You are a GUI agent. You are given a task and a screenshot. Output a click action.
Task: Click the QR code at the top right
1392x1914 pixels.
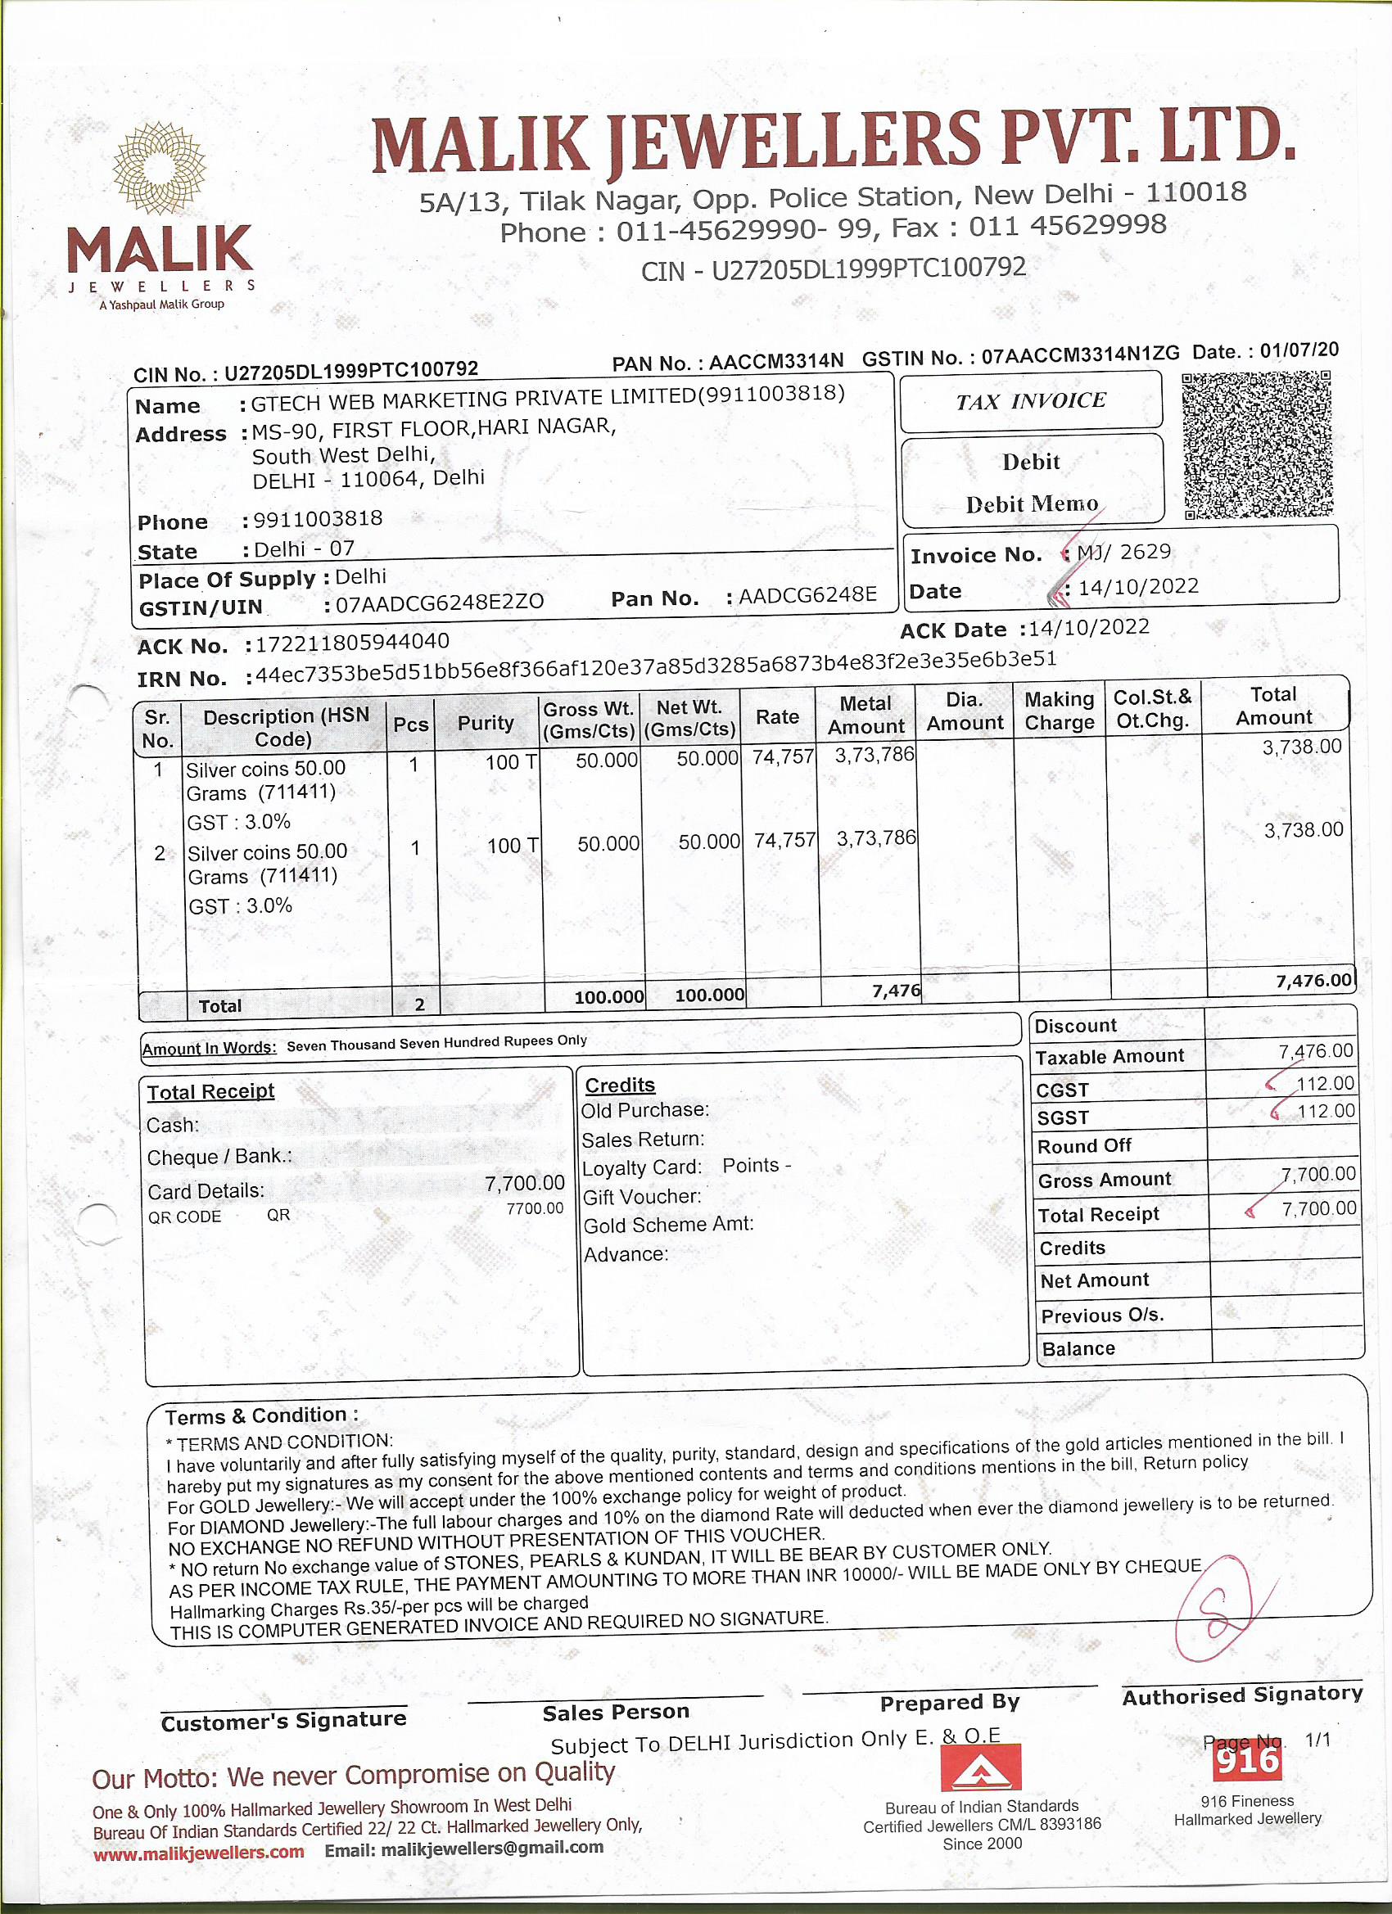click(1257, 445)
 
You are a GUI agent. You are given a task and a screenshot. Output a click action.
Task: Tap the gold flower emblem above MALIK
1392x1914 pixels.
click(160, 168)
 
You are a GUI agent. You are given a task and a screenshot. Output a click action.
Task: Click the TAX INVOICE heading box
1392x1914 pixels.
click(1031, 401)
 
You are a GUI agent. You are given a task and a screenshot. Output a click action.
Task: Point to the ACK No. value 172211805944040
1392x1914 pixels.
click(352, 642)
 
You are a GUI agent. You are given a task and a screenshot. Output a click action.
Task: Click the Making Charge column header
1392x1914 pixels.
click(1059, 711)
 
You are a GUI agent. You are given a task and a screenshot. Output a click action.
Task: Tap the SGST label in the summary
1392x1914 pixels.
click(1062, 1117)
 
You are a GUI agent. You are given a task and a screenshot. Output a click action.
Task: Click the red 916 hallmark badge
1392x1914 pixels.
click(1247, 1760)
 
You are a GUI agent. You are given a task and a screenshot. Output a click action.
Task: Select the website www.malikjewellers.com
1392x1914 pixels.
click(198, 1853)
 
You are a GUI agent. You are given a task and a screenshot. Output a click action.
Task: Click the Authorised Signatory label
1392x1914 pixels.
click(1241, 1695)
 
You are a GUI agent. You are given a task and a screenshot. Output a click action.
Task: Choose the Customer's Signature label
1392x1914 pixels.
click(283, 1721)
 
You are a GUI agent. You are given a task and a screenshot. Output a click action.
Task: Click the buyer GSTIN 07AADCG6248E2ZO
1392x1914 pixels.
click(440, 603)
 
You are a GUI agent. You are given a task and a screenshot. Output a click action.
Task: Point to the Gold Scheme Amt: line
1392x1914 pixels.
click(668, 1225)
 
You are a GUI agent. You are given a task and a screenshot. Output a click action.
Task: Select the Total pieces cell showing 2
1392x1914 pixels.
click(419, 1004)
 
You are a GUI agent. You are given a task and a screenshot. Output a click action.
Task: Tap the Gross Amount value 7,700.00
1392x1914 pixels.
click(1317, 1174)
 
